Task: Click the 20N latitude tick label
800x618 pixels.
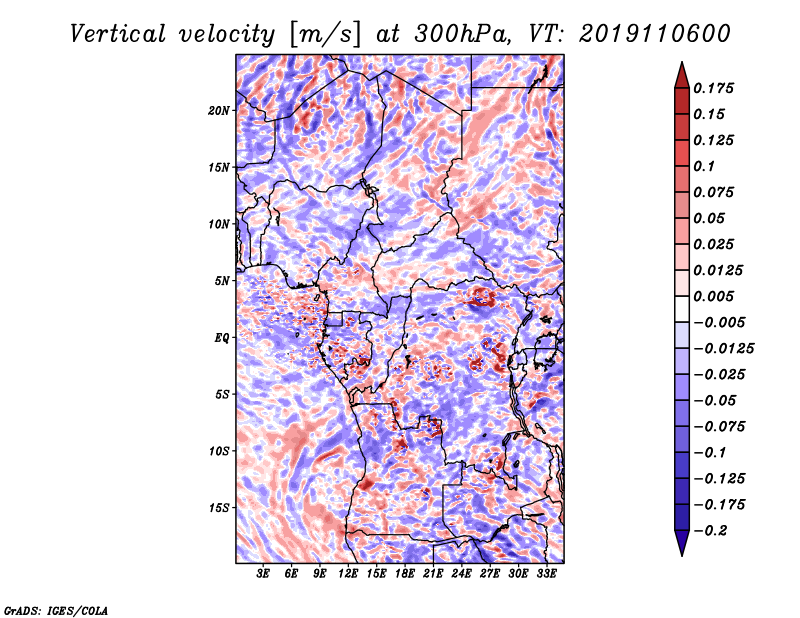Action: tap(219, 111)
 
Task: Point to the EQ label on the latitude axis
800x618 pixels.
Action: tap(222, 338)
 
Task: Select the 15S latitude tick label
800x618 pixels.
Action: tap(219, 508)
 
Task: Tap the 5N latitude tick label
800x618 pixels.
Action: tap(222, 281)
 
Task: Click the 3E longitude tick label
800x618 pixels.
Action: tap(263, 574)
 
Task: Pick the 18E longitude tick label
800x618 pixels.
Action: tap(405, 574)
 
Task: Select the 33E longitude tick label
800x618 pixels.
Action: tap(546, 574)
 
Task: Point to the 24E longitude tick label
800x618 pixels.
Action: tap(461, 574)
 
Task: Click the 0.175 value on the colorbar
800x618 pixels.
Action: tap(713, 88)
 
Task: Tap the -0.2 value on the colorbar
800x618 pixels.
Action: tap(710, 531)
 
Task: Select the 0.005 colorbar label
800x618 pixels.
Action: tap(713, 296)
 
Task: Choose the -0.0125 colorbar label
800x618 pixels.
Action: tap(723, 349)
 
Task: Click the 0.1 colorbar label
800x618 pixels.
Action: tap(704, 166)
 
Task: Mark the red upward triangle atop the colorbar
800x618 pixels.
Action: tap(682, 75)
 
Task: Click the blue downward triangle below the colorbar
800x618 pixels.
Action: tap(682, 543)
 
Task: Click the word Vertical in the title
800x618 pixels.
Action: tap(117, 34)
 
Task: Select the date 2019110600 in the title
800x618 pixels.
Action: tap(655, 34)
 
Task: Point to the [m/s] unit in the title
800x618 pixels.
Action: tap(324, 35)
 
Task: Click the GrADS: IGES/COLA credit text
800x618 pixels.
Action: tap(56, 611)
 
